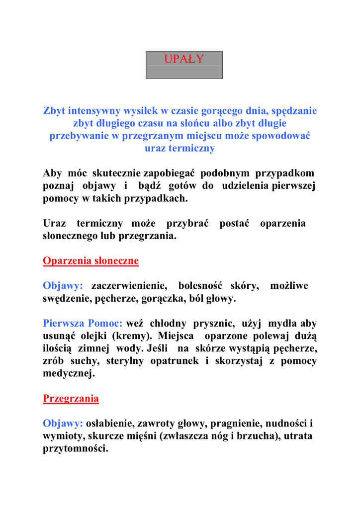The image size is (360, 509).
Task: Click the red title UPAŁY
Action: click(x=184, y=59)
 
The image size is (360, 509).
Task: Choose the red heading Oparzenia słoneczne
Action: click(x=90, y=261)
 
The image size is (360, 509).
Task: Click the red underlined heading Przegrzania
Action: click(x=71, y=399)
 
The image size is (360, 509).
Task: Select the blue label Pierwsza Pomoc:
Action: click(x=83, y=324)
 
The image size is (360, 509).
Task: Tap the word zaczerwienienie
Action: click(x=128, y=286)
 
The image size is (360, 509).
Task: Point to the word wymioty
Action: click(x=61, y=436)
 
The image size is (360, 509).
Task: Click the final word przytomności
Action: click(x=75, y=449)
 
